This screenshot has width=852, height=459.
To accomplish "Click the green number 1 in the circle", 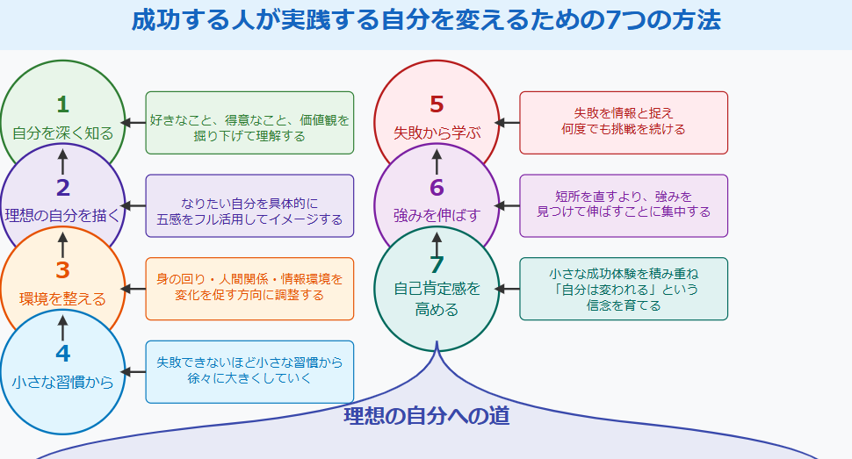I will pos(62,104).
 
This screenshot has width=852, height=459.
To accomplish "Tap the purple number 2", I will pos(62,188).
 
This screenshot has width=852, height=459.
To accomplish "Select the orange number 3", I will pos(62,271).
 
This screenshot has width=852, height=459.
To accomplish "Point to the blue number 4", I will pos(62,354).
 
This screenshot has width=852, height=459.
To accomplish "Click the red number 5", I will pos(437,104).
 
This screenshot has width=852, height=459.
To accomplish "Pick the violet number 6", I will pos(437,188).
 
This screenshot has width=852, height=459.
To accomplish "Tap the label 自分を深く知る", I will pos(62,133).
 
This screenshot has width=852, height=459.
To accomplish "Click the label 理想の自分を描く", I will pos(62,216).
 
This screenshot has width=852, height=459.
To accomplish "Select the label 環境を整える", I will pos(62,299).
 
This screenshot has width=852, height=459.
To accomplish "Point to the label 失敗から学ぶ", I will pos(437,133).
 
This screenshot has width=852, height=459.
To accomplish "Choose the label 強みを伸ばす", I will pos(437,216).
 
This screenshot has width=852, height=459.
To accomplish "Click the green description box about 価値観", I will pos(249,123).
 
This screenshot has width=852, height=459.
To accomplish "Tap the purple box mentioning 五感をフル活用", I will pos(249,205).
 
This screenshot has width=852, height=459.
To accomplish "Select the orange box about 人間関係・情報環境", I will pos(249,289).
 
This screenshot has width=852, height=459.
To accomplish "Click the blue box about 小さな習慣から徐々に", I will pos(249,372).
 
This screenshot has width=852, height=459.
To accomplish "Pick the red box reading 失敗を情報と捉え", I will pos(624,123).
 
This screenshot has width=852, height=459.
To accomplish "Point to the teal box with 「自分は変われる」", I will pos(624,289).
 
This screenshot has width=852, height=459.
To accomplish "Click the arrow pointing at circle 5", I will pos(507,123).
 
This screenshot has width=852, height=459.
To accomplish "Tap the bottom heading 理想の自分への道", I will pos(426,416).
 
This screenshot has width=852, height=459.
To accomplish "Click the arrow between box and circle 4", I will pos(134,372).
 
